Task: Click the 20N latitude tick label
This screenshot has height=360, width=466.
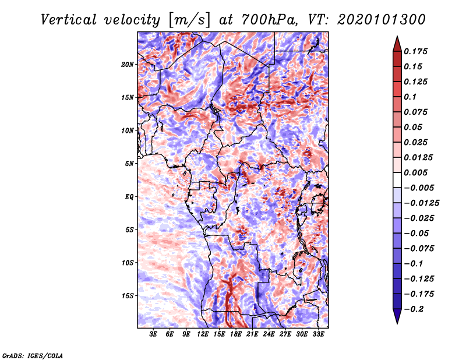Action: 128,64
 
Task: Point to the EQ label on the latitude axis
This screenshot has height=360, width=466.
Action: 129,197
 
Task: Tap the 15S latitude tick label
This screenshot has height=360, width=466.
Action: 128,296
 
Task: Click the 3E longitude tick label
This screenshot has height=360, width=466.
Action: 154,334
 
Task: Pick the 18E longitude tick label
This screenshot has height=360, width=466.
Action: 236,334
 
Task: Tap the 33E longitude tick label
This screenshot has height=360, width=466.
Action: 318,334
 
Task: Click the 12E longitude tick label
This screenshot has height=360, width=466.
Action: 203,334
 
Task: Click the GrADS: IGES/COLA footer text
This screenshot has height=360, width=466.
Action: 32,355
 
